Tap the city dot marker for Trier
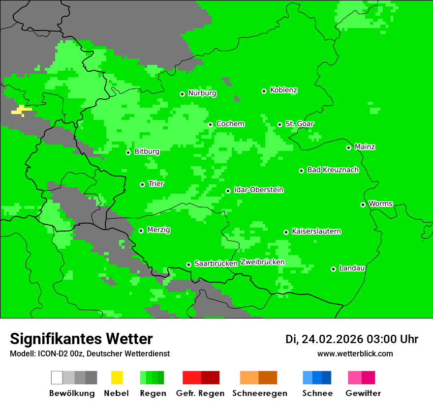[142, 184]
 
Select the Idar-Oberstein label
[258, 190]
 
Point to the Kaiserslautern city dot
[286, 232]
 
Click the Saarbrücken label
[216, 263]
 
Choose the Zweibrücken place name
[262, 262]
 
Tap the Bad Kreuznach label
[333, 170]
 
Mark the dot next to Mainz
[348, 147]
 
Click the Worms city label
[380, 204]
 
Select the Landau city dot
[333, 269]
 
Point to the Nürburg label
[202, 93]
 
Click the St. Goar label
[299, 124]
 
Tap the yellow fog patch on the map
[21, 110]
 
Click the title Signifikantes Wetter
[81, 339]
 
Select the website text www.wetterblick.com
[355, 353]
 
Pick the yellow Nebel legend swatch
[117, 378]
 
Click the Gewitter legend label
[363, 393]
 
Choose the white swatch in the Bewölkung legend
[57, 378]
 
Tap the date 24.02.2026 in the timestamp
[332, 339]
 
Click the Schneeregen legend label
[259, 393]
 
